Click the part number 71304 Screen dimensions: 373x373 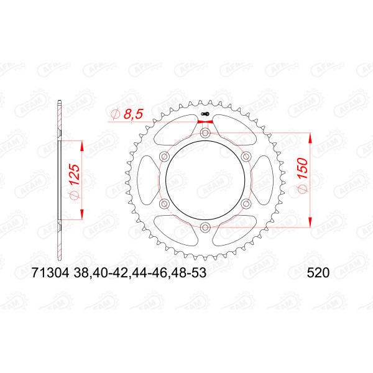(50, 273)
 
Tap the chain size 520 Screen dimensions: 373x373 (318, 273)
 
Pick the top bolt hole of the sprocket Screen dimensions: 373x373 (205, 133)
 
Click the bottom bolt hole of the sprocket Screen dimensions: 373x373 (205, 227)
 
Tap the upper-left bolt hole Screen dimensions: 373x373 (164, 157)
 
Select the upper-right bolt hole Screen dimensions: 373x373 (246, 157)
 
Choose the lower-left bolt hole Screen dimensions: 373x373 (164, 203)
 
